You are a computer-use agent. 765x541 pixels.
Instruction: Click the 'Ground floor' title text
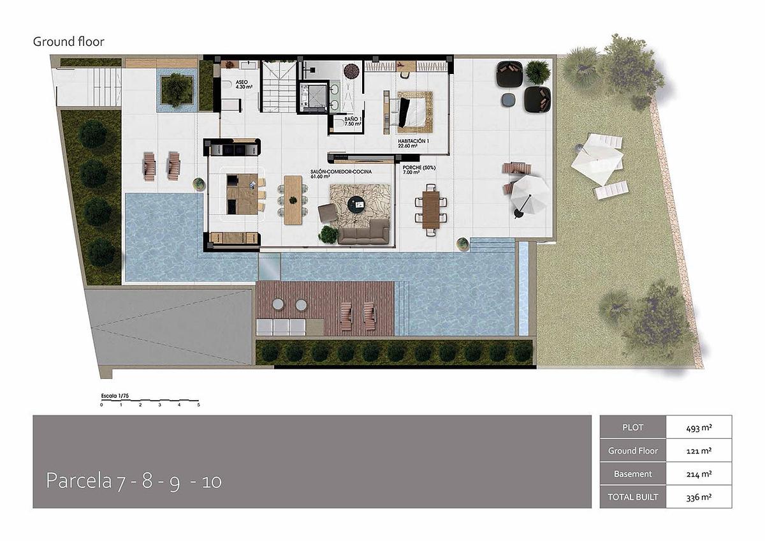(x=68, y=41)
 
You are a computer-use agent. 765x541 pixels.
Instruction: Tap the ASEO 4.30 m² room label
(x=244, y=85)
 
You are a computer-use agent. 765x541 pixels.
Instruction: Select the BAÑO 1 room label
(x=353, y=121)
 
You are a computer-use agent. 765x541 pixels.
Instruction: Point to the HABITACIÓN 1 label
(x=413, y=143)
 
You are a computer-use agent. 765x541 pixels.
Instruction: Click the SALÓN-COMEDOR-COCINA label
(x=341, y=174)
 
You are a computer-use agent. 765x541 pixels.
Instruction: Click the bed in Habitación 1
(x=414, y=112)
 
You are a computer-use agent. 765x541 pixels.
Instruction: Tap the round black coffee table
(x=356, y=204)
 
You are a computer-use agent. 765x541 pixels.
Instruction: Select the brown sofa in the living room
(x=363, y=232)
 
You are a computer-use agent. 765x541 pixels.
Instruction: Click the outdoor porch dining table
(x=431, y=209)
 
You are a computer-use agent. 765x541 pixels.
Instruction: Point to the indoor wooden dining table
(x=293, y=200)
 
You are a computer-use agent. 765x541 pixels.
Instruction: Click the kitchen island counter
(x=242, y=194)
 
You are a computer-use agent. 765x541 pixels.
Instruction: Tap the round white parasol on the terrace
(x=528, y=193)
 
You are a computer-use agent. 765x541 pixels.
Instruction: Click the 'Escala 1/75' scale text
(x=115, y=396)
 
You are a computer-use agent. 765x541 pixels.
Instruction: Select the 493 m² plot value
(x=699, y=427)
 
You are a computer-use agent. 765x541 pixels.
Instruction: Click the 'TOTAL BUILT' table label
(x=632, y=497)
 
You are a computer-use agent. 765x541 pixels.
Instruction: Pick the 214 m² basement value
(x=699, y=474)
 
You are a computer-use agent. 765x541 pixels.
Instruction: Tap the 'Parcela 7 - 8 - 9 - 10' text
(x=134, y=481)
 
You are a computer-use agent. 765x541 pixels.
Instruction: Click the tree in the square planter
(x=177, y=89)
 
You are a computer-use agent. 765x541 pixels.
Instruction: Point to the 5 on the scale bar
(x=198, y=405)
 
